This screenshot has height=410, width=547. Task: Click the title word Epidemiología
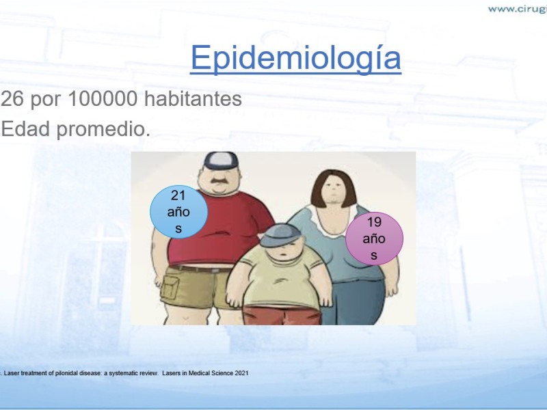click(x=296, y=59)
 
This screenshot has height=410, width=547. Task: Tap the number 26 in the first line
click(x=12, y=98)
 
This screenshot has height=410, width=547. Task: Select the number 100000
click(x=103, y=98)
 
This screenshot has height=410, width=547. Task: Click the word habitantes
click(x=193, y=98)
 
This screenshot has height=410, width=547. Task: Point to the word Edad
click(x=25, y=128)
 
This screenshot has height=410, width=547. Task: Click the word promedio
click(x=103, y=130)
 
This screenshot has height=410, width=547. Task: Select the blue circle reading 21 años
click(x=178, y=212)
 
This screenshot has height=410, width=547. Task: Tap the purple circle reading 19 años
click(x=374, y=238)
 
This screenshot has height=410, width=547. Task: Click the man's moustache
click(x=219, y=182)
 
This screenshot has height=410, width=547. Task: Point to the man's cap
click(x=221, y=161)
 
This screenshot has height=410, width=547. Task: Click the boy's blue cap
click(x=280, y=235)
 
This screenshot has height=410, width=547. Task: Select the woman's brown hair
click(x=334, y=189)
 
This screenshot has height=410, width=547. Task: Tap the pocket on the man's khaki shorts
click(x=170, y=287)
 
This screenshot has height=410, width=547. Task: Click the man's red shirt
click(x=224, y=230)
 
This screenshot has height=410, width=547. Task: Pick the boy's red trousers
click(x=282, y=315)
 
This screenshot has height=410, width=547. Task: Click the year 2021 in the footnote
click(x=241, y=373)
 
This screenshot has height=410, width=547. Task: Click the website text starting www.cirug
click(x=518, y=9)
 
